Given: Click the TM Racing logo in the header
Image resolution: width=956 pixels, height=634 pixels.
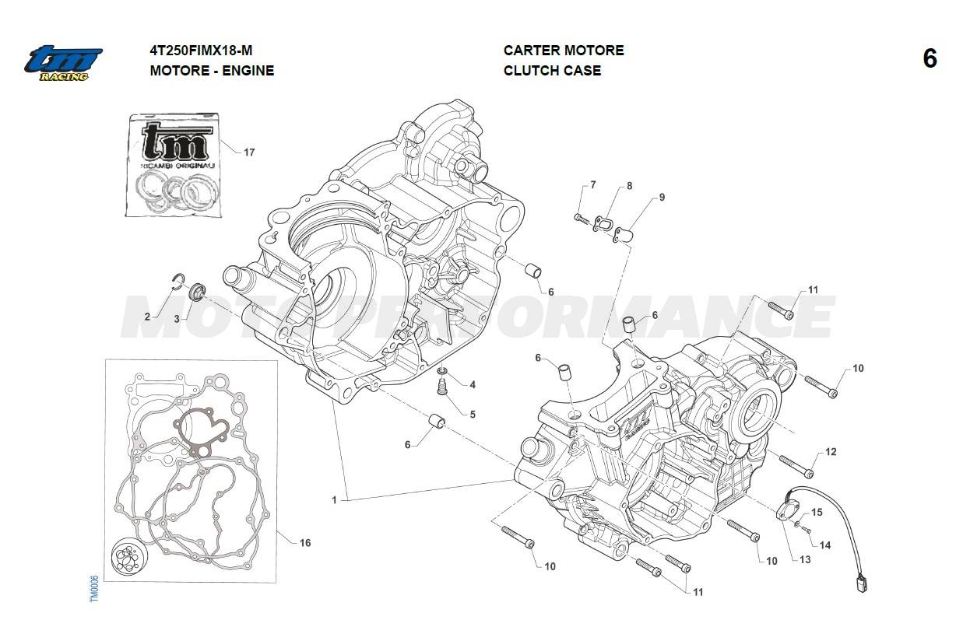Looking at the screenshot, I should [x=62, y=63].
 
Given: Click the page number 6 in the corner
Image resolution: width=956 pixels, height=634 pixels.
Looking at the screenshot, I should [x=930, y=59].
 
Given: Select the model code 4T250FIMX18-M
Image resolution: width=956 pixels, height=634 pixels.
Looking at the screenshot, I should [x=201, y=51].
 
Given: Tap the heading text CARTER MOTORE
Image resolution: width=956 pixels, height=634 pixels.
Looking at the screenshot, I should [x=563, y=51].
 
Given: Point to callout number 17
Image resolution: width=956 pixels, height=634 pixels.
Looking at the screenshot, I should [x=249, y=152].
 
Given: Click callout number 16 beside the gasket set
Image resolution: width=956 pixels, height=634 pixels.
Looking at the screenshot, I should [x=305, y=543].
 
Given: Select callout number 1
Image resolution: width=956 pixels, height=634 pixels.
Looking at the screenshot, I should [x=334, y=500].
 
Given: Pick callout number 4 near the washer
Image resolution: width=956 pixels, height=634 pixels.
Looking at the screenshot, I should [x=473, y=385].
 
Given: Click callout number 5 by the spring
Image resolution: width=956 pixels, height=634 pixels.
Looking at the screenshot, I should [x=473, y=414].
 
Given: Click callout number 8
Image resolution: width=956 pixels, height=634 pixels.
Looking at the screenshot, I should [x=629, y=186].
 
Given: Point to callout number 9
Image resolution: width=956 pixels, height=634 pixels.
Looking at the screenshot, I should [x=662, y=198].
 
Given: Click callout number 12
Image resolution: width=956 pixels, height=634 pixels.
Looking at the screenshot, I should [x=831, y=452].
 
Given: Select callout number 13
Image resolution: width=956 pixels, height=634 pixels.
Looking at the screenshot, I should [x=803, y=559].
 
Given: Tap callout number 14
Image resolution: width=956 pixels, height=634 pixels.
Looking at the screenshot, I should [x=825, y=545].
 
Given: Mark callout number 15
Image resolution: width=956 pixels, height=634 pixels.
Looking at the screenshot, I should [x=817, y=513].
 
